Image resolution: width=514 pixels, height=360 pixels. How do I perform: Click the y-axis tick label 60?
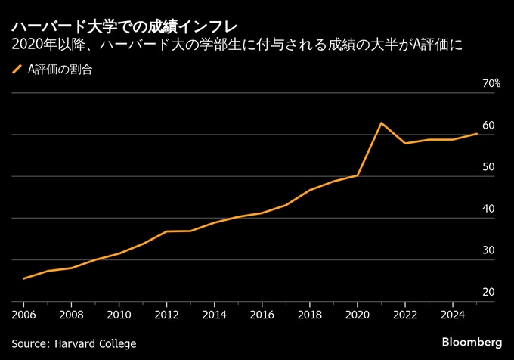(488, 126)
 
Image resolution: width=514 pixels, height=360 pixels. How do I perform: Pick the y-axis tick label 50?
(488, 167)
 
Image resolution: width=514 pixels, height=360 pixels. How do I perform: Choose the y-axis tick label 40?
(488, 209)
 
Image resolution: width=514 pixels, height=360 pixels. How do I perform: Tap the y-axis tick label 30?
(488, 250)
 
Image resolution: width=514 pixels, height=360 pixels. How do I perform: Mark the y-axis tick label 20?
(488, 292)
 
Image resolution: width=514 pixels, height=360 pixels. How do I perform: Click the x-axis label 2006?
(23, 313)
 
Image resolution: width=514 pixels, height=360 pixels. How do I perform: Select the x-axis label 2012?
(166, 313)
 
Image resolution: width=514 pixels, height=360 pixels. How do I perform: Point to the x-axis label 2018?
(309, 313)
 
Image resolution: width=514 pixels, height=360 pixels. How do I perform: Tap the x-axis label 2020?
(357, 313)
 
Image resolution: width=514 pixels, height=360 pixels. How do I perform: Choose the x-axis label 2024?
(452, 313)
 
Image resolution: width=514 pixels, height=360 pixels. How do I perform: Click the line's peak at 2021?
(381, 123)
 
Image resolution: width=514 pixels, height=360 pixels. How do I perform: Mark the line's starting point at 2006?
(23, 278)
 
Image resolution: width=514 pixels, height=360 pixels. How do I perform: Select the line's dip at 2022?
(405, 143)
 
